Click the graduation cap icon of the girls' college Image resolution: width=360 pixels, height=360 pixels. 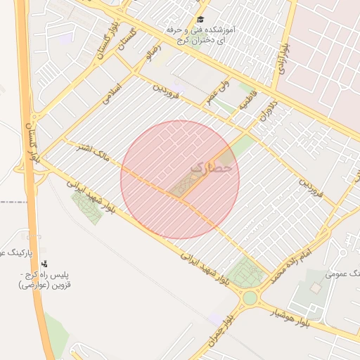click(200, 20)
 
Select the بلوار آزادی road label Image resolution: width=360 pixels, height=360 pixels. click(279, 54)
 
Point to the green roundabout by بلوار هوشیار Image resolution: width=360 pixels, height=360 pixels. click(250, 298)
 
